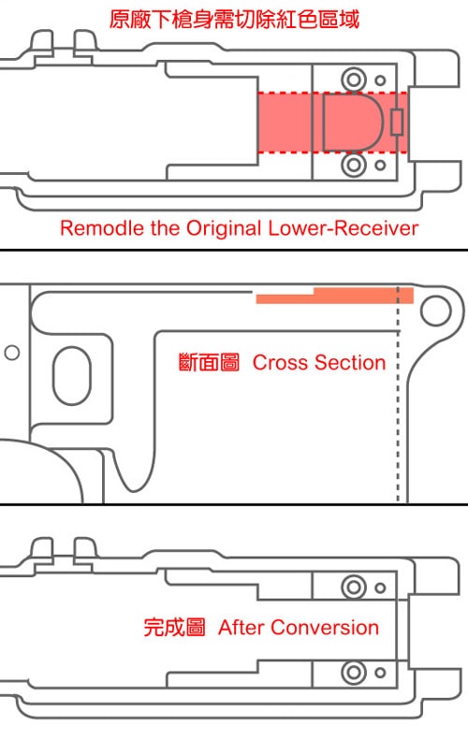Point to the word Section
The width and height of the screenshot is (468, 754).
tap(350, 363)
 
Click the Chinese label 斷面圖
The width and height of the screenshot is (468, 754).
tap(209, 363)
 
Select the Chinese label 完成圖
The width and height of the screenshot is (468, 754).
tap(174, 628)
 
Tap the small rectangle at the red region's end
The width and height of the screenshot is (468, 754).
tap(397, 123)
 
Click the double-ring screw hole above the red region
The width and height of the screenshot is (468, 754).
tap(354, 79)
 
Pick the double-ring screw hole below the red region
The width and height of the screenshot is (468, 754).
tap(354, 165)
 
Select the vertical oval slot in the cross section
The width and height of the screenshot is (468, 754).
tap(53, 375)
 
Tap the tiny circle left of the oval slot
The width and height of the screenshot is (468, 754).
tap(12, 353)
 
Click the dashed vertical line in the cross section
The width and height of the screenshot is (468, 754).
tap(398, 395)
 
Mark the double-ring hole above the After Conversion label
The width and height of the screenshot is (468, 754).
tap(354, 587)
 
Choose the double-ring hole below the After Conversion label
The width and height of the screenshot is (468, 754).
tap(354, 672)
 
